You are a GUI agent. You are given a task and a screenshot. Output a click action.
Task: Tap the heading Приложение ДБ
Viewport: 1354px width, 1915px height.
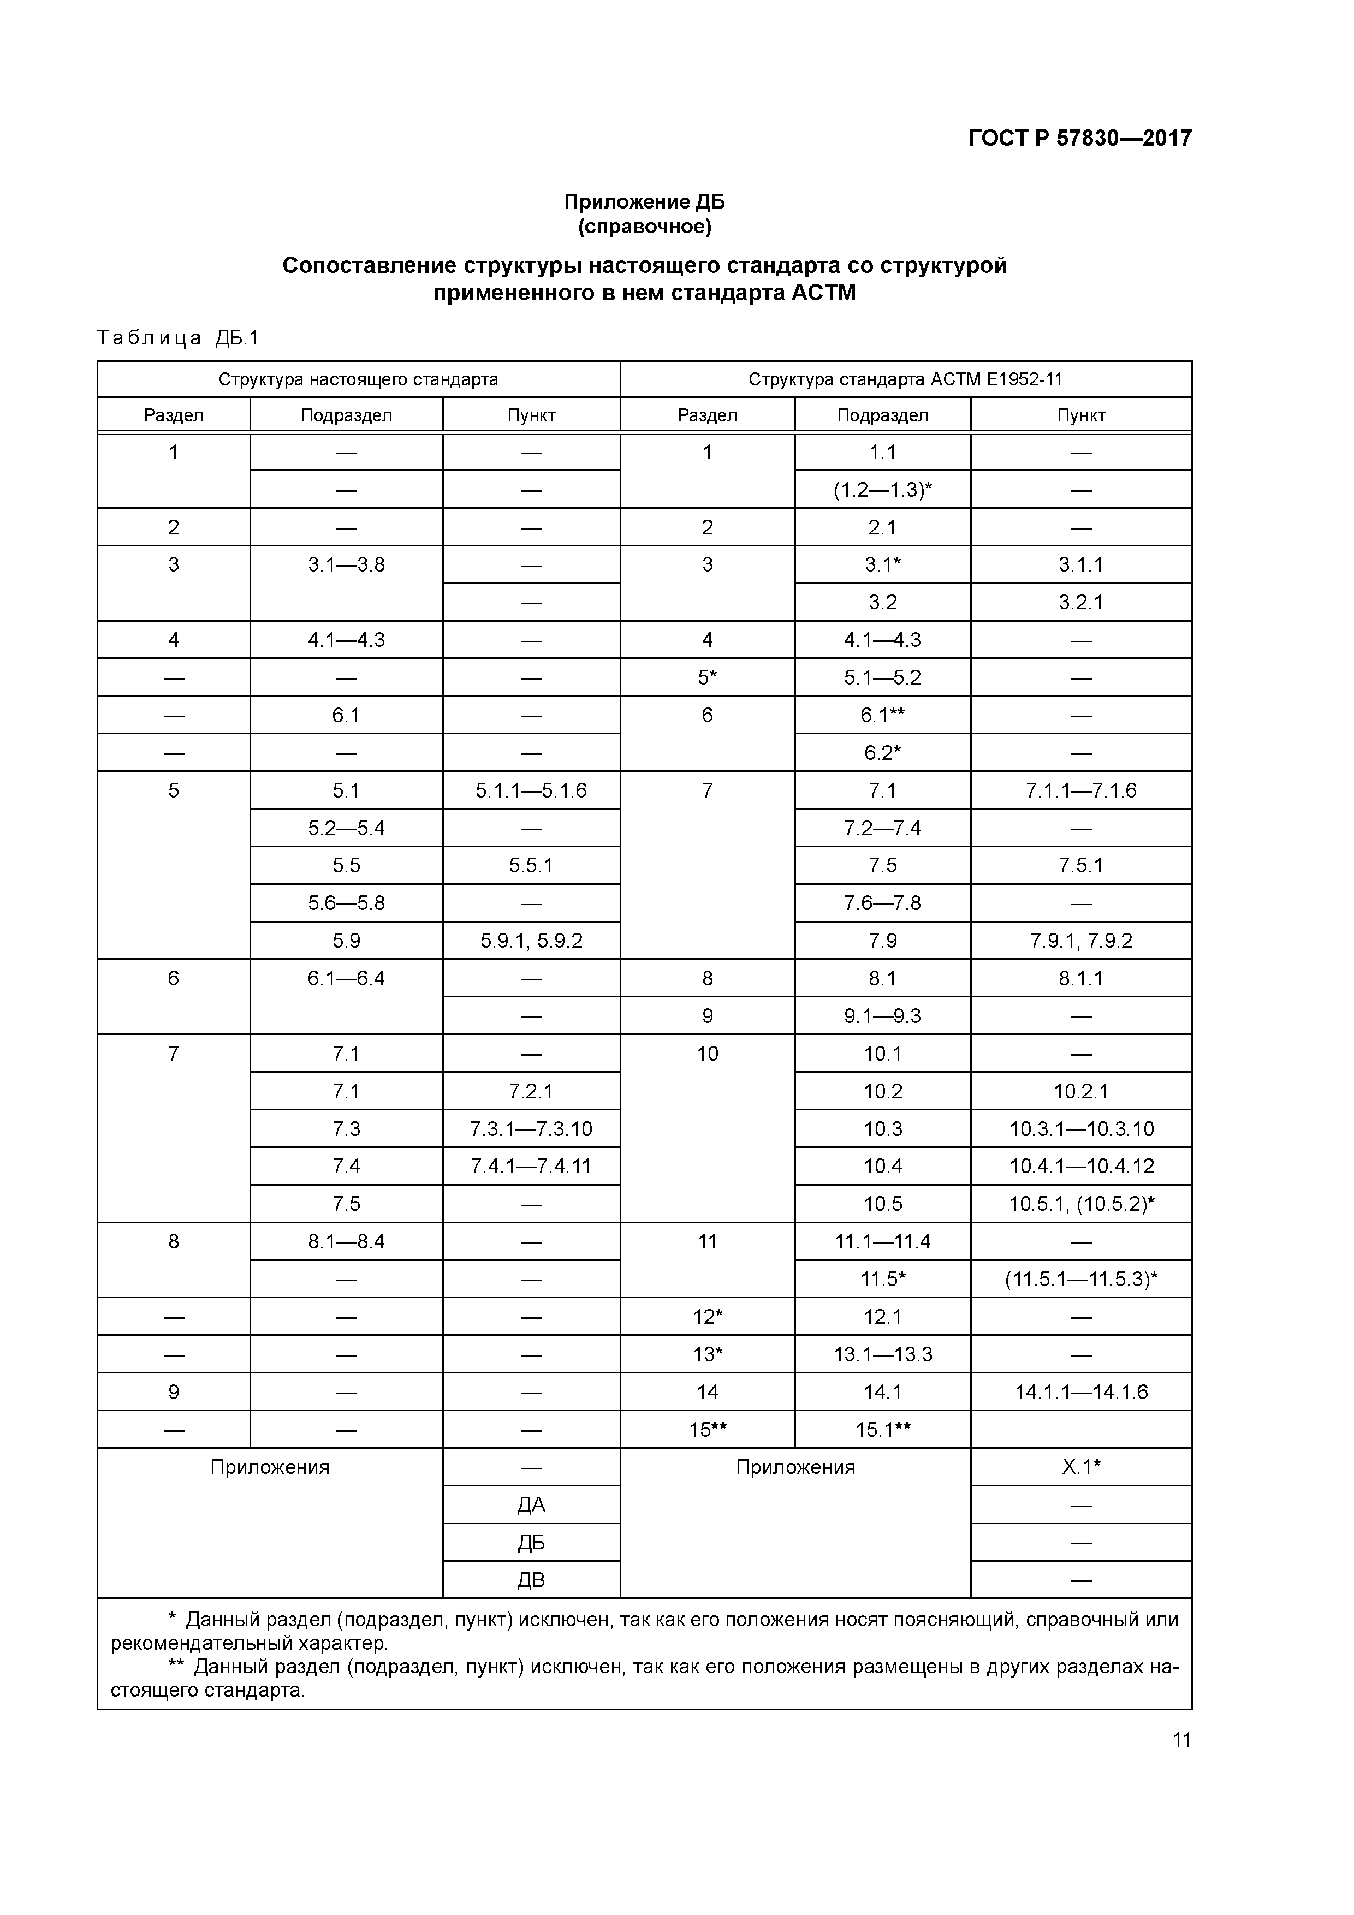[644, 202]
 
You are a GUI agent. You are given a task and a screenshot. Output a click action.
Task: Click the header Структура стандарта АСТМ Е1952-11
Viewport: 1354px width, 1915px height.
[905, 379]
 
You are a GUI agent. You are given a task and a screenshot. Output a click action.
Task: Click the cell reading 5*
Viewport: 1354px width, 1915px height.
[708, 678]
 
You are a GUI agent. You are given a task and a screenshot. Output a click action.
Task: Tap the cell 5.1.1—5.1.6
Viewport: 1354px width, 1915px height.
[531, 790]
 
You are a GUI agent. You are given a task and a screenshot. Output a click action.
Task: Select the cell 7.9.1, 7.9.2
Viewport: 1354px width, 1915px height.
[1080, 941]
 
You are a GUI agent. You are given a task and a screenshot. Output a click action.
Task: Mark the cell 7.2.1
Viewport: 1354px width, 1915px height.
[531, 1091]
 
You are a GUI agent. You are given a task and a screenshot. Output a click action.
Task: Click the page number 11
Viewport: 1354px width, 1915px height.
[1181, 1740]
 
